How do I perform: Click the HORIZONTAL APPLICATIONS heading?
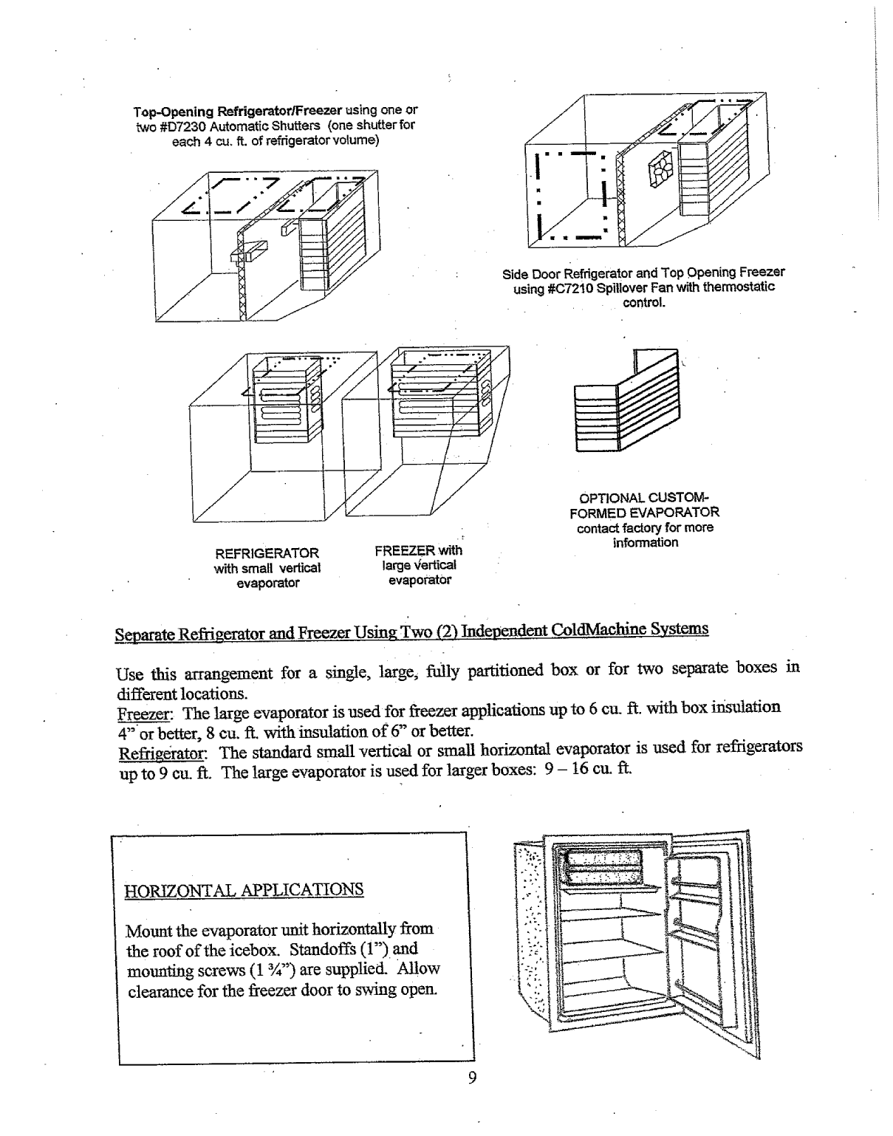[x=245, y=889]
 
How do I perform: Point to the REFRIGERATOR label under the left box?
[x=267, y=553]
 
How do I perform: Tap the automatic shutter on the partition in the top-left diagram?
[x=247, y=253]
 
